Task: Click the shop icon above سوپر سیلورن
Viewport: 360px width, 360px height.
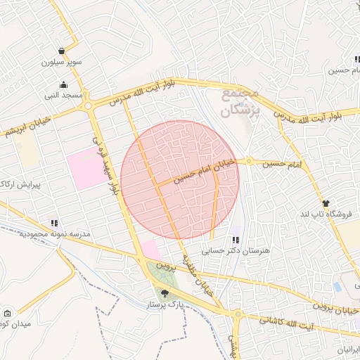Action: click(63, 51)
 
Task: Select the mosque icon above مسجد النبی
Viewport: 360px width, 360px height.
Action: click(64, 84)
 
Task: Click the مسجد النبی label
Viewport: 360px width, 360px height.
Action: click(64, 95)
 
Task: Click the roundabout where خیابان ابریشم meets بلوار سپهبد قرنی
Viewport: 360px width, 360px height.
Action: click(89, 106)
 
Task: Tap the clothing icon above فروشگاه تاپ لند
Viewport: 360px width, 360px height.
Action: click(325, 202)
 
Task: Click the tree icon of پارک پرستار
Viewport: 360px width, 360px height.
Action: click(165, 294)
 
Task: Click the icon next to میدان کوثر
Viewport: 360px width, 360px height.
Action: click(7, 313)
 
